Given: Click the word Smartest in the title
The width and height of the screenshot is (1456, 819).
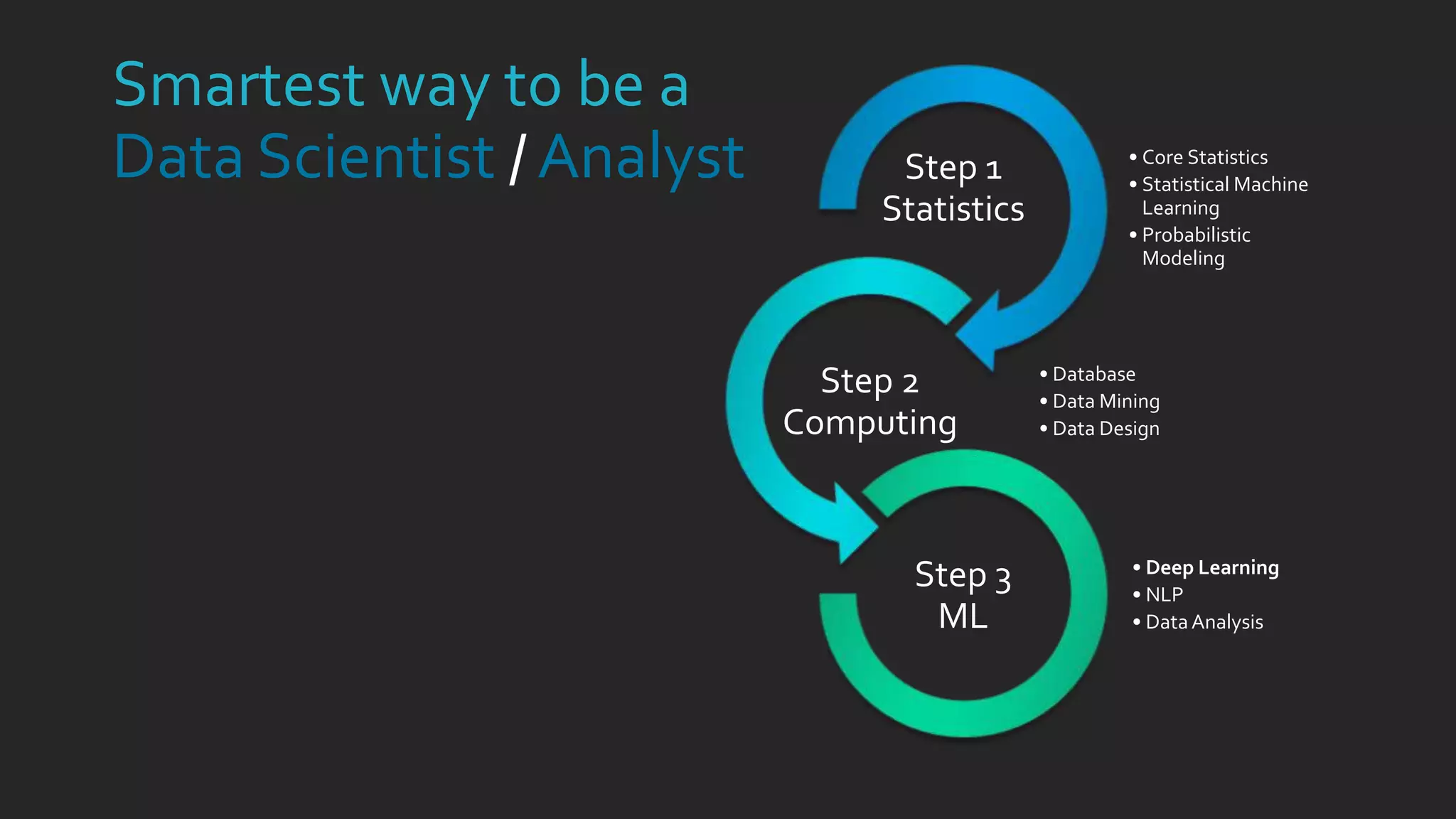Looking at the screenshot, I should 239,85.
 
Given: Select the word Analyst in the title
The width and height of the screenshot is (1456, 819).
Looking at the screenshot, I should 641,158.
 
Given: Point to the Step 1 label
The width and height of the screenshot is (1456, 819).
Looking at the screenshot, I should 953,168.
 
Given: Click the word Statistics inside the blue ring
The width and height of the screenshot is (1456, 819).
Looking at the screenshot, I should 953,209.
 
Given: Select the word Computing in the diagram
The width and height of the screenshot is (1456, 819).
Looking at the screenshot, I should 869,423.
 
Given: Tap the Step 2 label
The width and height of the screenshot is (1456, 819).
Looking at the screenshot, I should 869,381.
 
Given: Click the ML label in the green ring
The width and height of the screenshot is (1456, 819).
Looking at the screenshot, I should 963,616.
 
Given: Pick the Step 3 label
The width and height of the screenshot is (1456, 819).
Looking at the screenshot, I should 963,575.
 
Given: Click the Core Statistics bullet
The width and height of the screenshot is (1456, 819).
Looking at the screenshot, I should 1204,157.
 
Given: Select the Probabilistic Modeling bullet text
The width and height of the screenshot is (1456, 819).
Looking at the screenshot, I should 1196,246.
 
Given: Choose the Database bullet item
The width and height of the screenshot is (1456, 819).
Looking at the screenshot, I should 1093,374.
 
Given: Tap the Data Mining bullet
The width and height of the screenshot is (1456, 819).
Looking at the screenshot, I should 1106,402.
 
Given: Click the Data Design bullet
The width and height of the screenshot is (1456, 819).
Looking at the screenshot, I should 1106,429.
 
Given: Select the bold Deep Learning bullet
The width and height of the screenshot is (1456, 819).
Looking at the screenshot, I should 1212,567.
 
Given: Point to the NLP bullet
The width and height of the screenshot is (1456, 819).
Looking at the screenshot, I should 1164,594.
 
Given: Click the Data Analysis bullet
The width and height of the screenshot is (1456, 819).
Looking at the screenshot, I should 1204,622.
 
